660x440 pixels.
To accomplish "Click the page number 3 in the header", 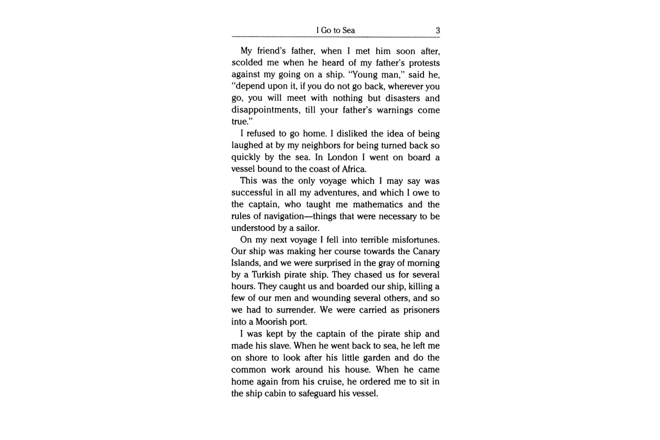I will pyautogui.click(x=437, y=30).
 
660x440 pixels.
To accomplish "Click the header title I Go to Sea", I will pyautogui.click(x=335, y=30).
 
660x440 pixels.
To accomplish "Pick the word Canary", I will pyautogui.click(x=426, y=252).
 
